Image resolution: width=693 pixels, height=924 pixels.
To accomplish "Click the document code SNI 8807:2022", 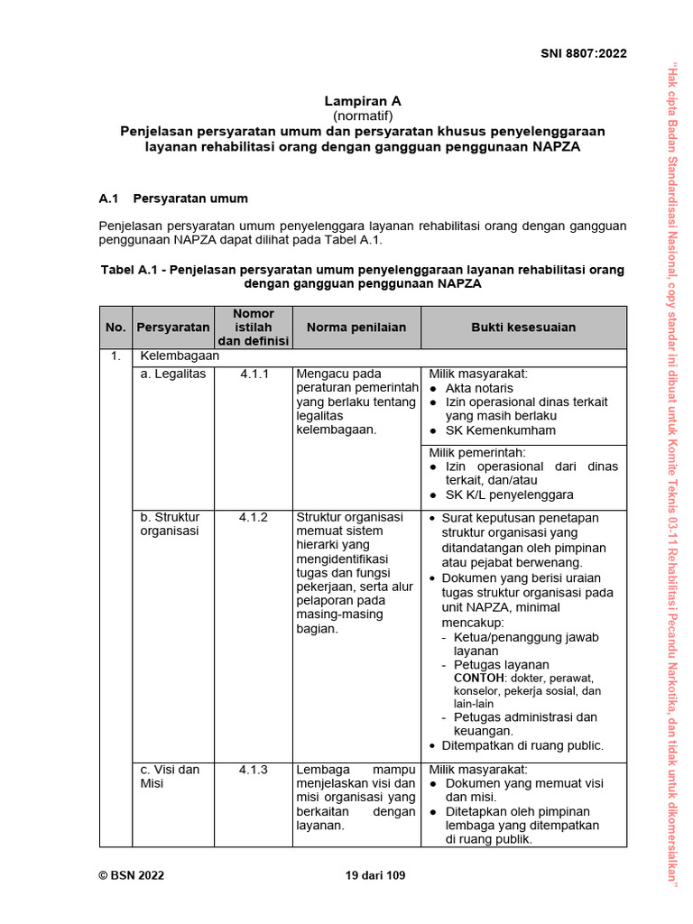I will coord(583,53).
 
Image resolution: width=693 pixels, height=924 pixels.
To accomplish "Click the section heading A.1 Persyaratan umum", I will coord(172,198).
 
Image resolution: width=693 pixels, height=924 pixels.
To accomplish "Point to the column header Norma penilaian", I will coord(356,328).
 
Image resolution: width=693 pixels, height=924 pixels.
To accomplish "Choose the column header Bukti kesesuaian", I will coord(523,328).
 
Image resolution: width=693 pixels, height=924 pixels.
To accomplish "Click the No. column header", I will coord(115,328).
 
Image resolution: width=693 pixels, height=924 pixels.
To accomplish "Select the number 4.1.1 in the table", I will coord(254,374).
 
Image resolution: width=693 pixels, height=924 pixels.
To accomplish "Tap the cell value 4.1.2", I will coord(254,518).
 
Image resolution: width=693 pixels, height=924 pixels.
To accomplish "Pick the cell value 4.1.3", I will coord(254,770).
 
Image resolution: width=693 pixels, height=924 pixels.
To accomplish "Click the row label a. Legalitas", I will coord(173,374).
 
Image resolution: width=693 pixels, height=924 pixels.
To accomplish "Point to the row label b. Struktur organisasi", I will coord(170,524).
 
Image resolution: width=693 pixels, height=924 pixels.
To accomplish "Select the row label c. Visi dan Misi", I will coord(170,777).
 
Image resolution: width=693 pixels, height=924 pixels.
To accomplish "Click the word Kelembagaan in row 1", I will coord(180,356).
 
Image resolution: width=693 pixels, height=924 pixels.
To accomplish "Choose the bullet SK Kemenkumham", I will coord(501,430).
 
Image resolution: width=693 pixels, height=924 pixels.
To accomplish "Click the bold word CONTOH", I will coord(479,678).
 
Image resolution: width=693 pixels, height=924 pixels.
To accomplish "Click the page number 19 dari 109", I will coord(375,874).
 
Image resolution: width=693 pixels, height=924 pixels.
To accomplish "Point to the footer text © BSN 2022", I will coord(131,874).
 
